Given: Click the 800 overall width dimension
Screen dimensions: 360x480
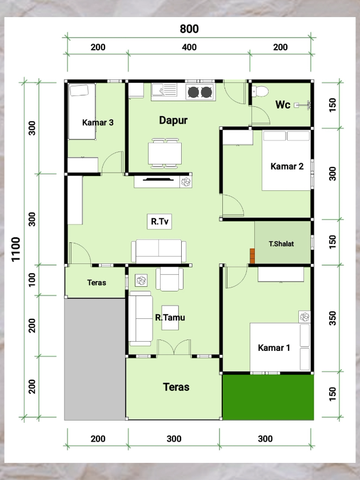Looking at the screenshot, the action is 189,29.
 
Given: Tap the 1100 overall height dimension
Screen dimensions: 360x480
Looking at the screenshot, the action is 15,249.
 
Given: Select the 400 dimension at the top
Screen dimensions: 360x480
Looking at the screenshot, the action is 189,47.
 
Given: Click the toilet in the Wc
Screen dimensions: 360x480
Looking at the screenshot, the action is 260,91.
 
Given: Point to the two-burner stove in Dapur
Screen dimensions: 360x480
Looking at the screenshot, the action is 200,92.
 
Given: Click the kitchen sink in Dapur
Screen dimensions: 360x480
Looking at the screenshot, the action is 164,91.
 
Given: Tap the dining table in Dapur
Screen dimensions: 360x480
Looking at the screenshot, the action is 165,153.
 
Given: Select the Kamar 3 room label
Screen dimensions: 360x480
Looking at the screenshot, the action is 98,122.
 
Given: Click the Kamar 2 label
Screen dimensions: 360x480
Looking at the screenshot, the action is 287,166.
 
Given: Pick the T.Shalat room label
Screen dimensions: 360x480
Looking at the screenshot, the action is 281,243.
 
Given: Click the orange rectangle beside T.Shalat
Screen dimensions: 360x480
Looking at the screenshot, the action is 252,256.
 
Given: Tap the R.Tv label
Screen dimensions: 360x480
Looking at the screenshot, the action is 159,221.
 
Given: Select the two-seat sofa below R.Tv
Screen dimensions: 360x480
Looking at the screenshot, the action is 159,251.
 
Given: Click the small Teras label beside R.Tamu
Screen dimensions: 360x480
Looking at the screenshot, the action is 97,282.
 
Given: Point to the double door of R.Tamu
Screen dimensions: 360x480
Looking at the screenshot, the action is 174,347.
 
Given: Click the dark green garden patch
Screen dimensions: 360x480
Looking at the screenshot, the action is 268,397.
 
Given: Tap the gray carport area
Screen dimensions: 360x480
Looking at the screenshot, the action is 95,359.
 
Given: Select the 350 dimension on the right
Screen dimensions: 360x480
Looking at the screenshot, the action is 332,318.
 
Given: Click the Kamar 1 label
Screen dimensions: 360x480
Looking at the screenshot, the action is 274,348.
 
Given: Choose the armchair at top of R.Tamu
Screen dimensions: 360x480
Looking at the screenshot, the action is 170,279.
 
